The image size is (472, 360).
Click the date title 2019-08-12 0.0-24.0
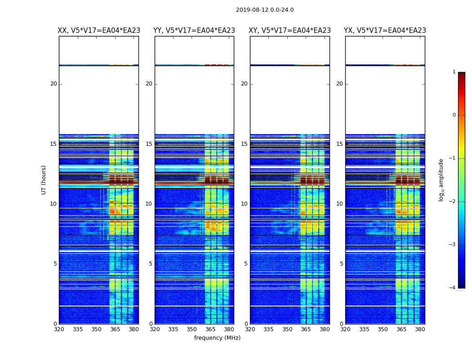click(x=265, y=10)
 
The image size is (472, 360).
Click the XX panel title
click(x=99, y=31)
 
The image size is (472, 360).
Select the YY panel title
click(x=194, y=31)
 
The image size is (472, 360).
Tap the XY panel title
click(x=290, y=31)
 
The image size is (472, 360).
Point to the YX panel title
click(x=385, y=31)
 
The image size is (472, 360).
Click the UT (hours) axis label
click(x=44, y=180)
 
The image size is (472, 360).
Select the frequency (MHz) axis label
click(x=217, y=338)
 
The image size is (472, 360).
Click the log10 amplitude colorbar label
click(x=441, y=180)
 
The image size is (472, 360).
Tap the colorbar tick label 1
click(x=454, y=72)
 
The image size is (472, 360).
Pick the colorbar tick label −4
click(x=453, y=288)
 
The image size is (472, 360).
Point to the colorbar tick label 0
click(x=454, y=115)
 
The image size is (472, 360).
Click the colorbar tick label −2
click(x=453, y=202)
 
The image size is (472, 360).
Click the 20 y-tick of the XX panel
click(x=53, y=84)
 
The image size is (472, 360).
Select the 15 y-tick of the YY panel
click(x=149, y=144)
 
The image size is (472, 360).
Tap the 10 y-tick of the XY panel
click(x=244, y=204)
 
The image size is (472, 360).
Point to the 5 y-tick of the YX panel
click(x=341, y=264)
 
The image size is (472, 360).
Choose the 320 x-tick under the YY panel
click(x=155, y=329)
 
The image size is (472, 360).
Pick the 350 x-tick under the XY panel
click(x=287, y=329)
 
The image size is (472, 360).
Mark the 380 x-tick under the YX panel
click(x=420, y=329)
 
